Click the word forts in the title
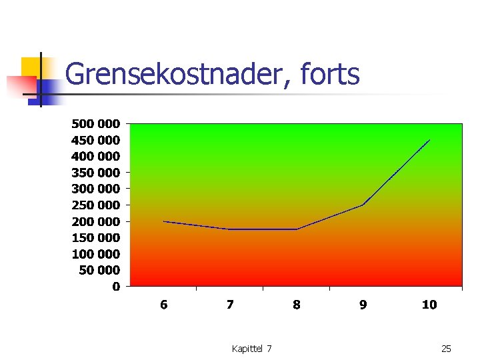point(330,74)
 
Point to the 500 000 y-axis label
point(96,123)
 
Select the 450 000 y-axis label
point(96,140)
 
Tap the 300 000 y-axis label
point(96,189)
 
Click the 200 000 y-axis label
point(96,221)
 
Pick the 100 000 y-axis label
point(96,254)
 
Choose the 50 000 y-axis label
point(99,270)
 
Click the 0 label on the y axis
point(116,287)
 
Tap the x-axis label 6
point(163,305)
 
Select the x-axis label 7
point(230,305)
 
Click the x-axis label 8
point(296,305)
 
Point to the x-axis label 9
point(363,305)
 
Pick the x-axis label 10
point(429,305)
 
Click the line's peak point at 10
point(429,140)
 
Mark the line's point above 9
point(363,205)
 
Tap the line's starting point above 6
point(164,221)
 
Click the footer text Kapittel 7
point(251,349)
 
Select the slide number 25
point(446,349)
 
